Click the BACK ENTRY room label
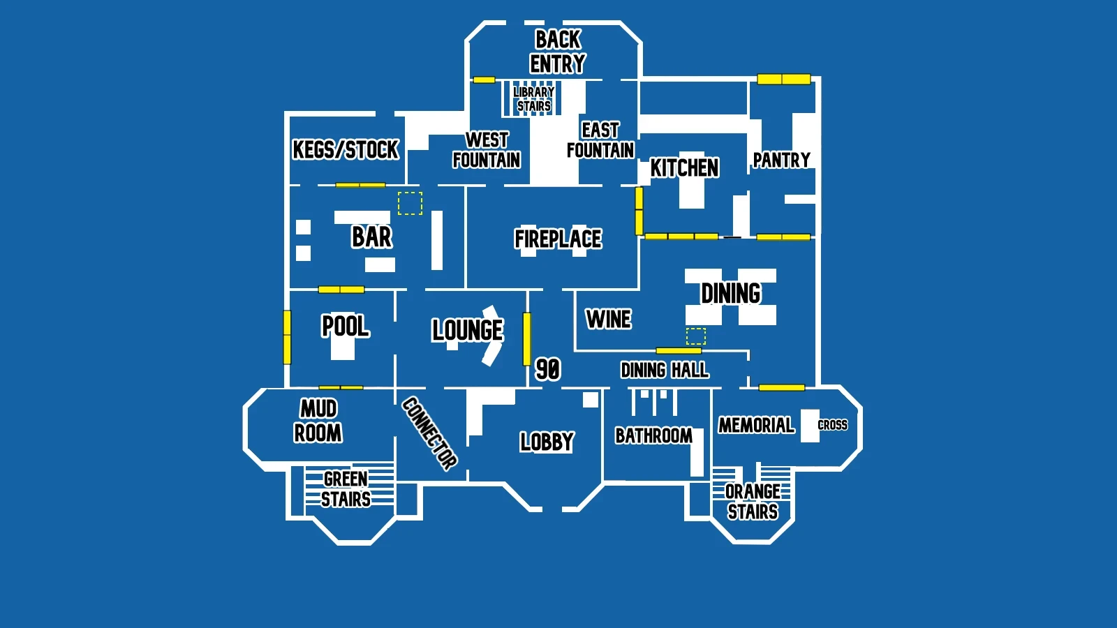[x=557, y=52]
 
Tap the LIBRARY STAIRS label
[x=533, y=99]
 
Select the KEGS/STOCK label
[x=345, y=149]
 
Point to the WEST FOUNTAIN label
[x=487, y=150]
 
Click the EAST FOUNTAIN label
[x=600, y=140]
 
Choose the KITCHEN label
[x=684, y=167]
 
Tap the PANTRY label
[x=781, y=160]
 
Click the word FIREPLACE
[x=558, y=239]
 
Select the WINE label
[x=608, y=319]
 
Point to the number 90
[x=547, y=368]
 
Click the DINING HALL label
[x=665, y=370]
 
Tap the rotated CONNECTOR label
[x=429, y=433]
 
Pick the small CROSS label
[x=832, y=425]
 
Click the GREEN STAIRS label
[x=346, y=488]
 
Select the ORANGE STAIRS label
[x=753, y=501]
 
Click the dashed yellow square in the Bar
[x=410, y=203]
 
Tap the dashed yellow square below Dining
[x=696, y=336]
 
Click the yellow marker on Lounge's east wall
[x=526, y=339]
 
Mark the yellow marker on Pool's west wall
[x=287, y=337]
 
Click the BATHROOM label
[x=653, y=435]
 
